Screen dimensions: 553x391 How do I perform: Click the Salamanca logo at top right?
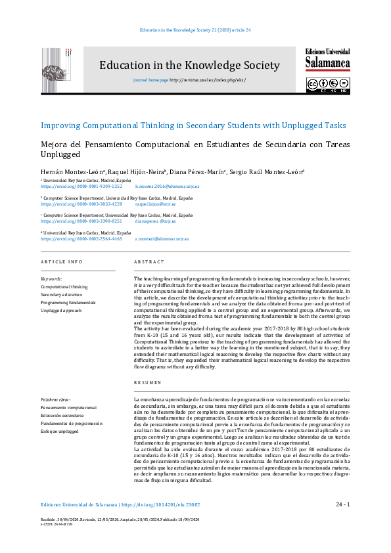coord(327,60)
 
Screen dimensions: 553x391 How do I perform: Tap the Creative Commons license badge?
coord(327,85)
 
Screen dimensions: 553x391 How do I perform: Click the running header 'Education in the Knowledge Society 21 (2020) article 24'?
coord(196,30)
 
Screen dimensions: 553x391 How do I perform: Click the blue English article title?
coord(193,125)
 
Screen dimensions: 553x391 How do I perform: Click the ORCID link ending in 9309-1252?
coord(81,187)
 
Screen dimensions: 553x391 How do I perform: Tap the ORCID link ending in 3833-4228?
coord(81,204)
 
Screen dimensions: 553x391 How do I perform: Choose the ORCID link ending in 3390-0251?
coord(81,221)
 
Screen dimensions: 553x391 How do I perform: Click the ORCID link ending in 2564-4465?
coord(81,239)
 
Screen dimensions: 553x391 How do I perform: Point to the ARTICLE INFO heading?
coord(62,262)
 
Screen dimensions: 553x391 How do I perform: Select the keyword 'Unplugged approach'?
coord(61,310)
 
